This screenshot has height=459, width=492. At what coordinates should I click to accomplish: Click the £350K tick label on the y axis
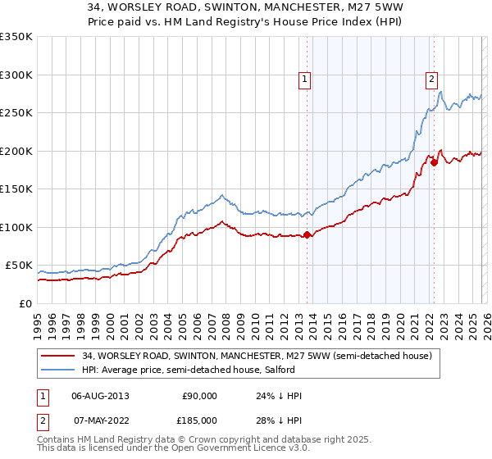click(x=16, y=37)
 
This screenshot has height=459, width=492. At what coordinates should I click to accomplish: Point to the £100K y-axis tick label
click(x=16, y=227)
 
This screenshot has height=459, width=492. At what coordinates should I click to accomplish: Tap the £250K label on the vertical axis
click(x=16, y=113)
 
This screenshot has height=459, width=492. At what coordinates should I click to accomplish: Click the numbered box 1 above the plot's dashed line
click(x=305, y=80)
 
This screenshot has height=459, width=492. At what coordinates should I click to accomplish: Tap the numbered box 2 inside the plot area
click(x=431, y=80)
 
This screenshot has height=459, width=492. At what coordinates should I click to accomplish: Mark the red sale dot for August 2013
click(x=307, y=235)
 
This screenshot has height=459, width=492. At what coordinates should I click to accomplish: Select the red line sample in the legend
click(x=58, y=356)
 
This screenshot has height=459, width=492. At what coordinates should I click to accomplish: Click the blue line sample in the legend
click(x=58, y=370)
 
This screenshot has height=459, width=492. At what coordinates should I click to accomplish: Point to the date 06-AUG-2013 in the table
click(x=100, y=396)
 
